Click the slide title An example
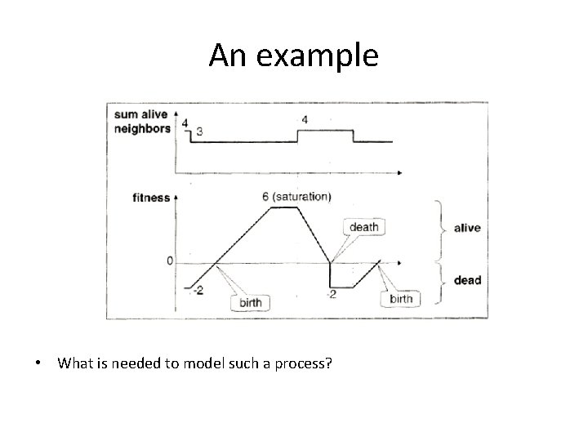tap(293, 56)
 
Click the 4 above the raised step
tap(305, 120)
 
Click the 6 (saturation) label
tap(296, 196)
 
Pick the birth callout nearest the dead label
tap(402, 299)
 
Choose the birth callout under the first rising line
tap(251, 303)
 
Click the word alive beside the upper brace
tap(467, 228)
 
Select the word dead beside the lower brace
tap(467, 280)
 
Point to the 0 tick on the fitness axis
tap(169, 261)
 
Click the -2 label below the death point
tap(331, 294)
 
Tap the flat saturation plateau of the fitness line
tap(285, 207)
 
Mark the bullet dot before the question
tap(39, 362)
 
